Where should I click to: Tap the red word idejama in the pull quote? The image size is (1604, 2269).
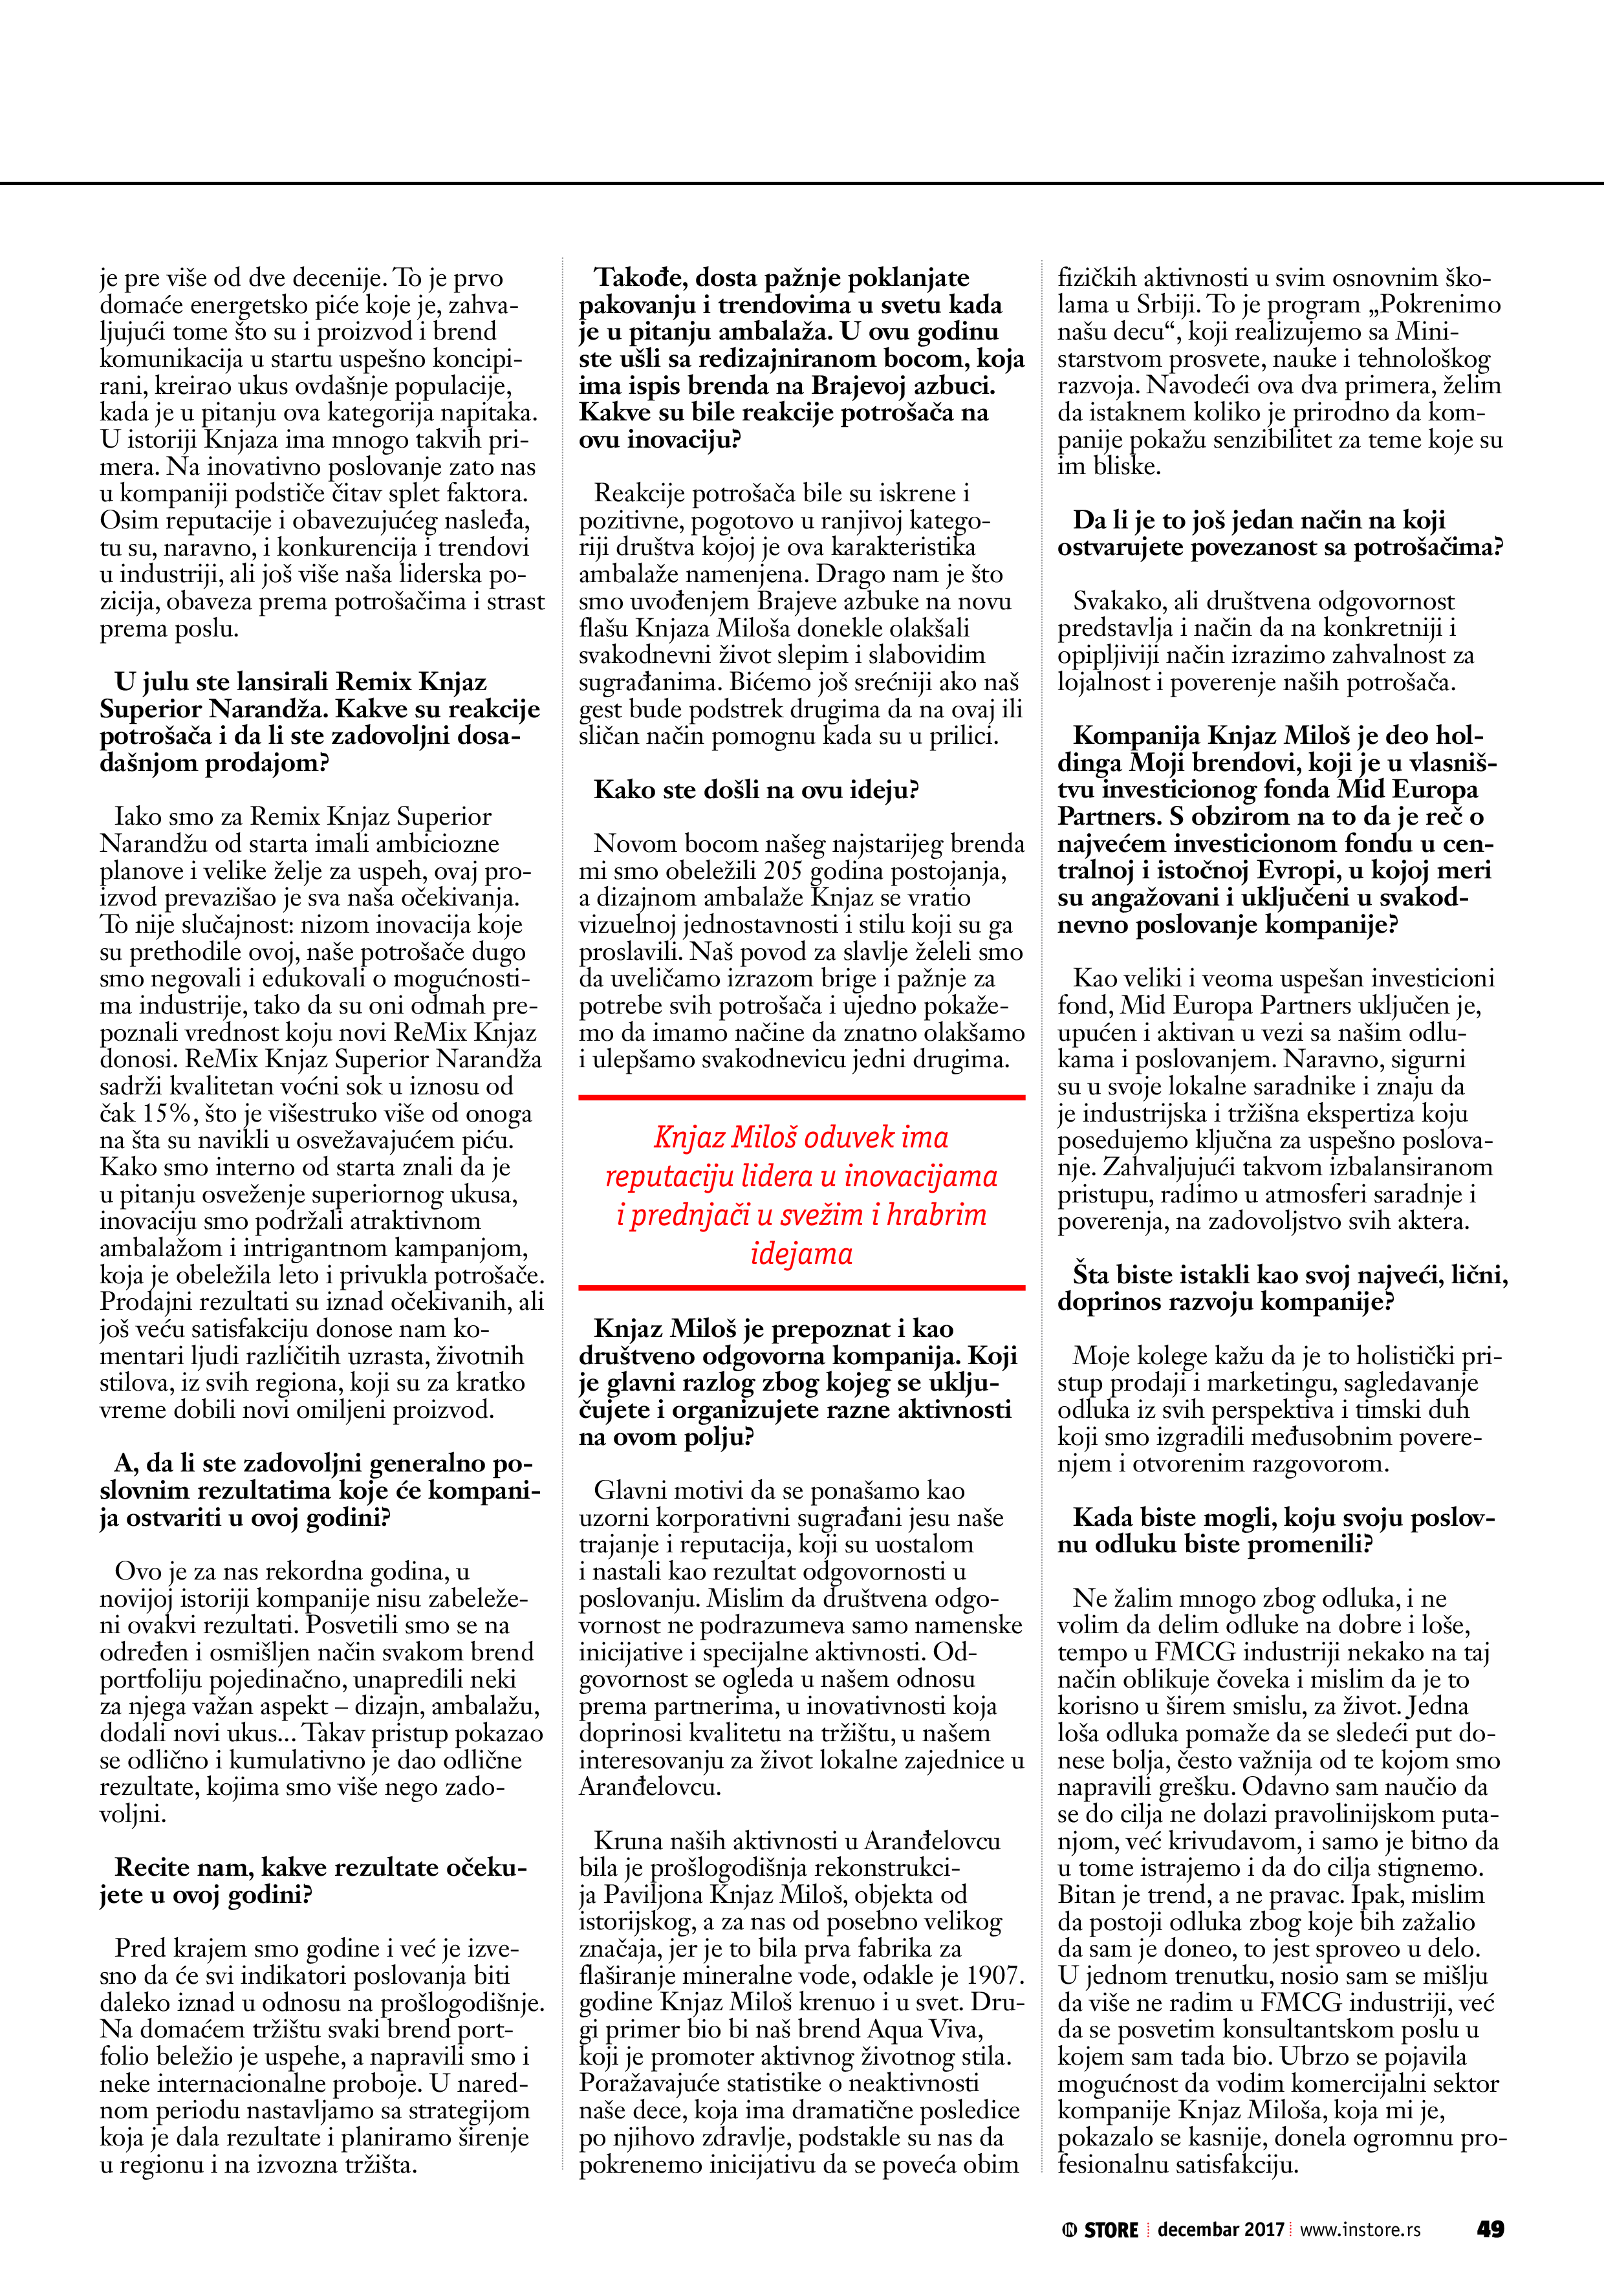tap(801, 1253)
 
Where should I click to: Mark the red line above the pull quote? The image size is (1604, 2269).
tap(801, 1097)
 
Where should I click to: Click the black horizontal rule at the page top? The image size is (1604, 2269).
tap(801, 183)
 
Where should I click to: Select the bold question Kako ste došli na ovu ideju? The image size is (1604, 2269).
tap(756, 790)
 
